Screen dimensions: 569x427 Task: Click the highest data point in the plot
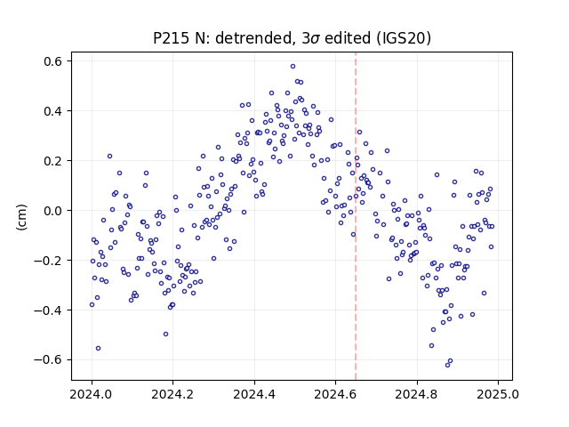(293, 66)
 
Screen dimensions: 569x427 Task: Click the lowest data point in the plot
(447, 365)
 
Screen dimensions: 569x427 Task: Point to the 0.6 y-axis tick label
(52, 61)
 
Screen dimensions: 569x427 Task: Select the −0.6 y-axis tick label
(48, 359)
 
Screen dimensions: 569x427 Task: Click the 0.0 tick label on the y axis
(52, 211)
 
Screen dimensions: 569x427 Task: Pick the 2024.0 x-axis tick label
(92, 394)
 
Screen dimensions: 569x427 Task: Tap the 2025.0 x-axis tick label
(498, 394)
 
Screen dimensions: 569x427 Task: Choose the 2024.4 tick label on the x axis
(254, 394)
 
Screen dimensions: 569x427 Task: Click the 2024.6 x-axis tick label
(336, 394)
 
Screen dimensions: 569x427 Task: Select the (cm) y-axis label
(21, 216)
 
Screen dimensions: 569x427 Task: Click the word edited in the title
(348, 38)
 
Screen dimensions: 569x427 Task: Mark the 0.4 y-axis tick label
(52, 111)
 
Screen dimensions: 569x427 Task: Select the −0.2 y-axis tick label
(48, 261)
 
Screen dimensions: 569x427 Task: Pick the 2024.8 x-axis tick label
(417, 394)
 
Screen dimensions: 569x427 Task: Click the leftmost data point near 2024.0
(92, 304)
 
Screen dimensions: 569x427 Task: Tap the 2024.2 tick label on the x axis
(173, 394)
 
